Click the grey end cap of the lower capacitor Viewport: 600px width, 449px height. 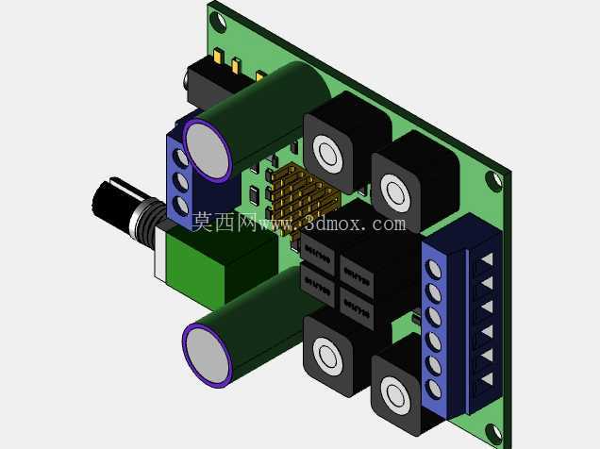coord(208,354)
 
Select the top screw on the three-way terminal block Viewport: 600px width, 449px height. coord(180,158)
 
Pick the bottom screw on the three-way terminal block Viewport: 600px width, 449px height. coord(180,206)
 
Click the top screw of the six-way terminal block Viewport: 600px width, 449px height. coord(433,269)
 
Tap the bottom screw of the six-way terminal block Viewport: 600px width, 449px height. coord(434,388)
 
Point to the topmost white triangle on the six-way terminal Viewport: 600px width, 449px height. coord(488,258)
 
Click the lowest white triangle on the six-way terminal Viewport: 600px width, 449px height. coord(488,379)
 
